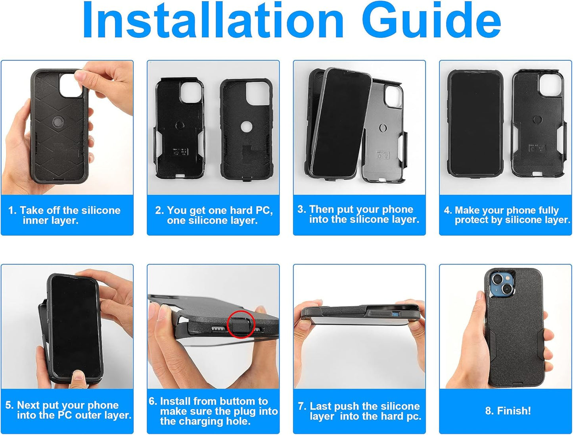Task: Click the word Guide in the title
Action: pyautogui.click(x=431, y=20)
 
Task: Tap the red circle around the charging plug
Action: pyautogui.click(x=241, y=325)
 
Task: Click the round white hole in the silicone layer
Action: pyautogui.click(x=246, y=127)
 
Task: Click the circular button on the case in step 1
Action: pyautogui.click(x=57, y=122)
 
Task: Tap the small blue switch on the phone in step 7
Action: pyautogui.click(x=396, y=314)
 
